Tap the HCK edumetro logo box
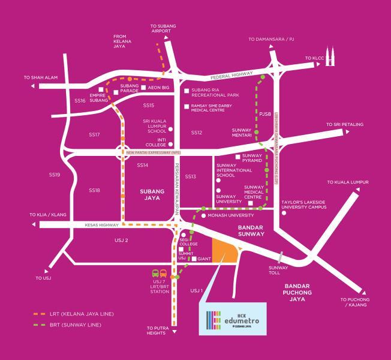[231, 314]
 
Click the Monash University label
[231, 215]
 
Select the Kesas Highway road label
[99, 225]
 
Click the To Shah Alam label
[40, 77]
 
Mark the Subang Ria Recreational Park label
[215, 92]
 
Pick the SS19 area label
[55, 175]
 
